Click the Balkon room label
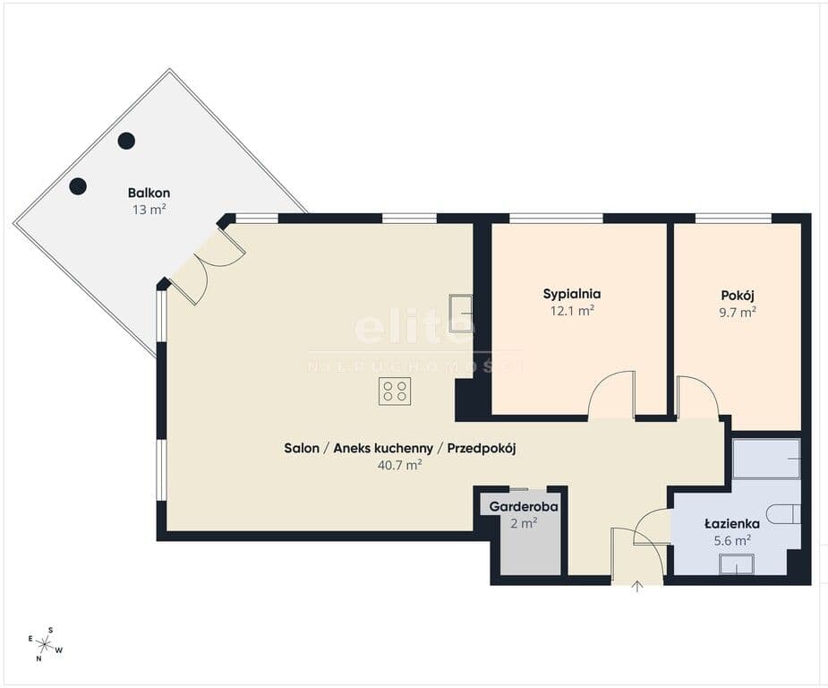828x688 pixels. point(149,193)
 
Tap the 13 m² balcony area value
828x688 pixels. point(149,210)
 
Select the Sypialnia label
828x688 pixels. point(572,294)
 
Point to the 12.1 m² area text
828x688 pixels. point(572,311)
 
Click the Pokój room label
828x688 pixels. point(738,296)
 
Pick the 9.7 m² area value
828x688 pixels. point(738,313)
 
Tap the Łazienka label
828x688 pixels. point(732,524)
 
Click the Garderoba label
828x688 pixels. point(524,507)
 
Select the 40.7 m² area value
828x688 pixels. point(400,466)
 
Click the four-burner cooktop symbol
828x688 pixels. point(395,391)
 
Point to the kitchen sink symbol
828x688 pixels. point(460,314)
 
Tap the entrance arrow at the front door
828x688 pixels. point(637,586)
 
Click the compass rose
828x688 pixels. point(45,644)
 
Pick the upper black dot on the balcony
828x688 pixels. point(126,141)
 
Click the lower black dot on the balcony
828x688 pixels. point(78,186)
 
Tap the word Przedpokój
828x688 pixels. point(482,449)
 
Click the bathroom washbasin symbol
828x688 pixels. point(736,564)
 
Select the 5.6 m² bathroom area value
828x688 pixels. point(732,540)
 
